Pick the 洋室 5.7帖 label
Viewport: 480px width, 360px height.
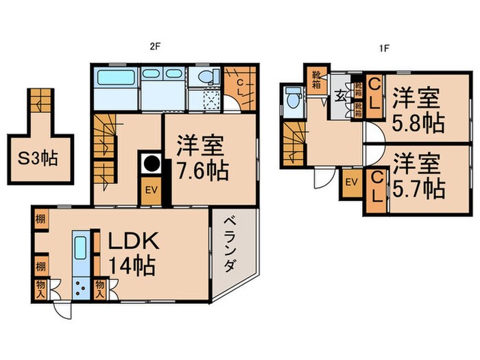coord(418,175)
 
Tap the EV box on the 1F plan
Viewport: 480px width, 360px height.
coord(351,182)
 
